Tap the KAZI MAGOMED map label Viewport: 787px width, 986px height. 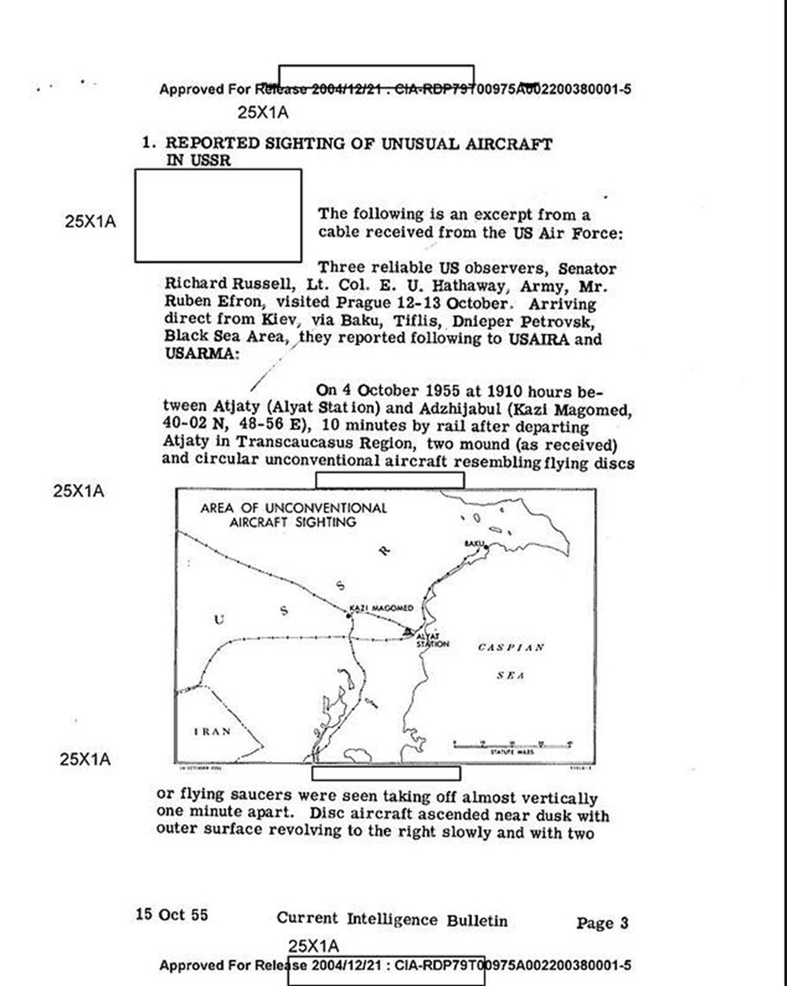pyautogui.click(x=380, y=608)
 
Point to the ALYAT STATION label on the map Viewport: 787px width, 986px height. pyautogui.click(x=432, y=639)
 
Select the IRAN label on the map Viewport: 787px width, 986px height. pyautogui.click(x=212, y=731)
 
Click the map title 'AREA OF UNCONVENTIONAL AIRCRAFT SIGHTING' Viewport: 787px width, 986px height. pyautogui.click(x=293, y=514)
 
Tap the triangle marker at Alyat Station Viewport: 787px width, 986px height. pyautogui.click(x=407, y=632)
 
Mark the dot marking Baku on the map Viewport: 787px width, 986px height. pyautogui.click(x=486, y=547)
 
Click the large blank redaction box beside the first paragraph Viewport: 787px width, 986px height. pyautogui.click(x=218, y=215)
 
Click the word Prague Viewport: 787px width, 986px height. pyautogui.click(x=371, y=304)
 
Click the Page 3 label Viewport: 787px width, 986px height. pyautogui.click(x=602, y=923)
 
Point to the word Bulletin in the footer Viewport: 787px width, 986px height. pyautogui.click(x=477, y=920)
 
